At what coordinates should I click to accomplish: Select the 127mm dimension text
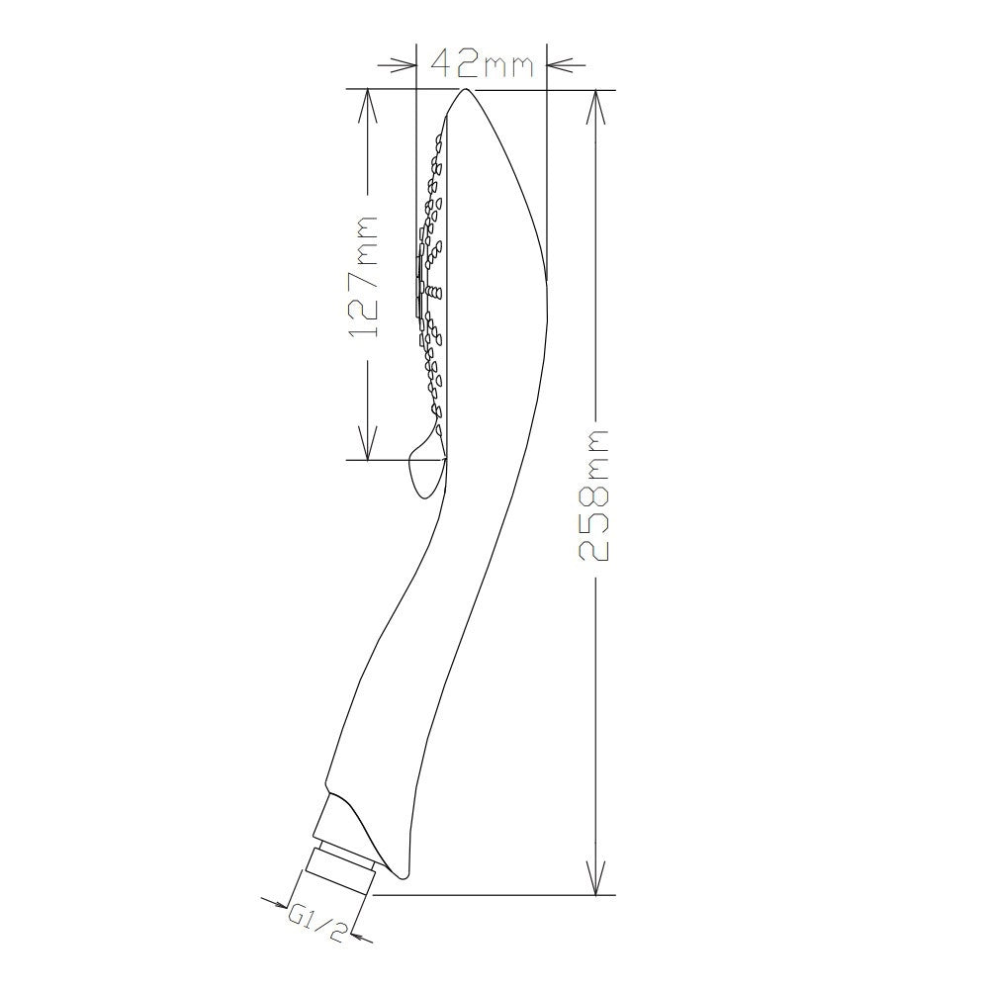click(363, 276)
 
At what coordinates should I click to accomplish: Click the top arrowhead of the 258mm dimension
click(596, 107)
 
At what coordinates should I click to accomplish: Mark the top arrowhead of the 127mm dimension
click(368, 107)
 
